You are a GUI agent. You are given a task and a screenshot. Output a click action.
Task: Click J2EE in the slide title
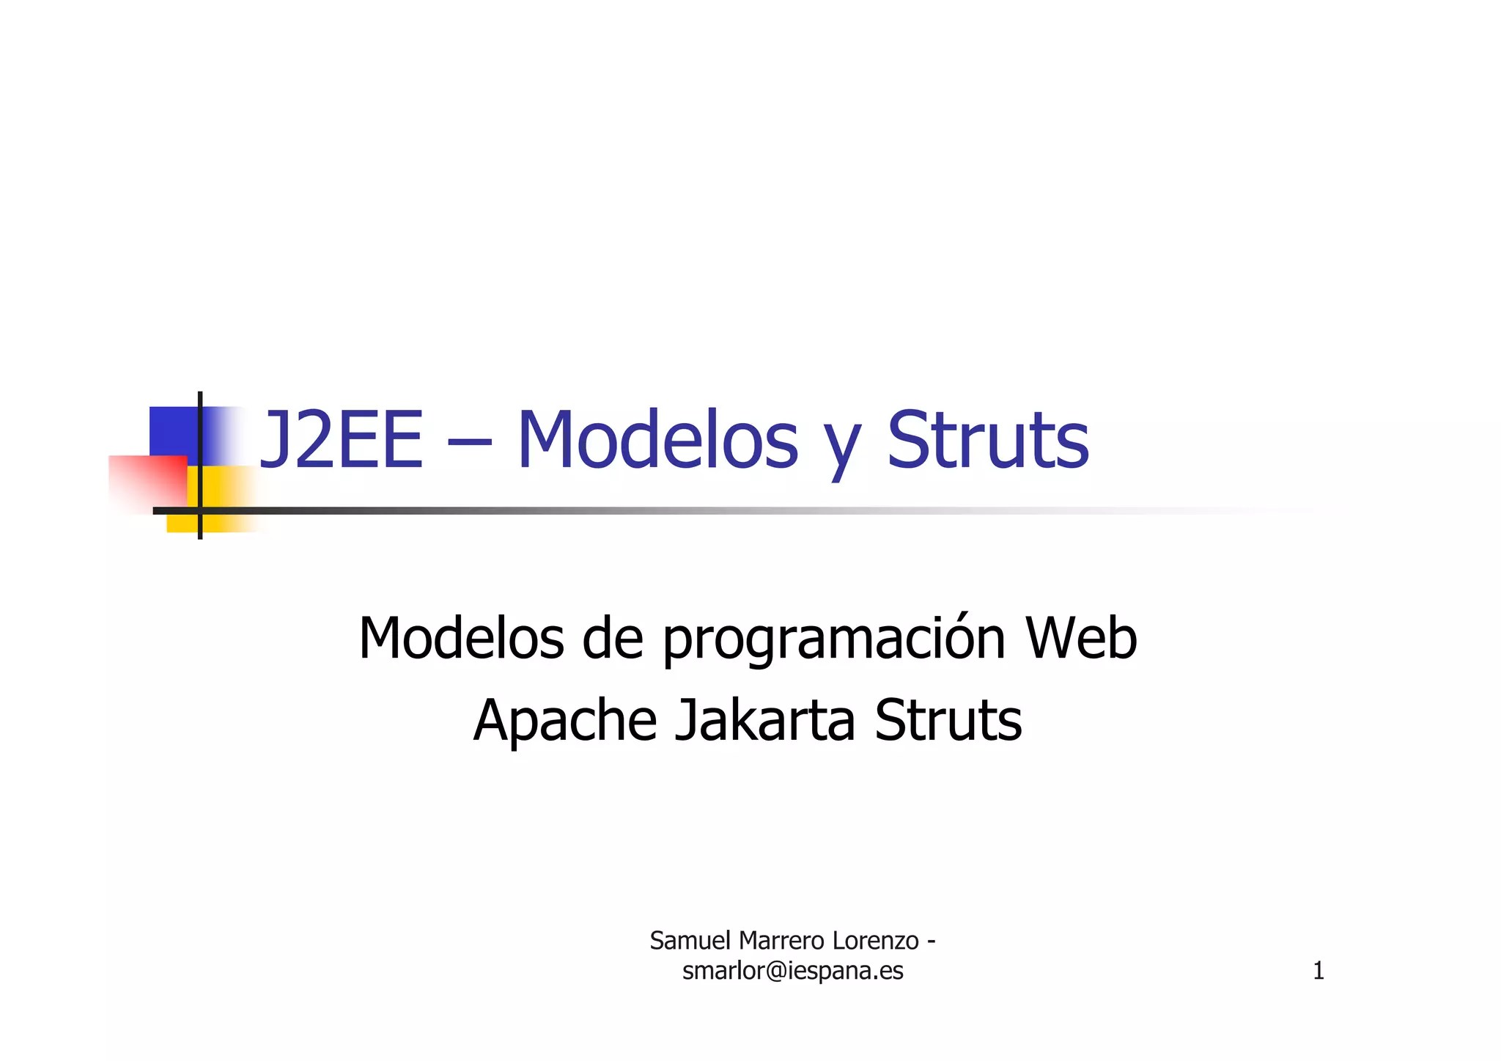[342, 441]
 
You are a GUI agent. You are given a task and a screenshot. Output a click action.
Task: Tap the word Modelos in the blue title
[657, 441]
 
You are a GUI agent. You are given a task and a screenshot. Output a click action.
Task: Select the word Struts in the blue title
[988, 441]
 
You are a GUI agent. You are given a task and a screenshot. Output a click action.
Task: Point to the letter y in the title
[842, 447]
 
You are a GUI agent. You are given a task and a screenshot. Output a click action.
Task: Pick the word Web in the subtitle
[1081, 638]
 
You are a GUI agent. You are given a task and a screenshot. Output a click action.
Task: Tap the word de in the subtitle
[613, 638]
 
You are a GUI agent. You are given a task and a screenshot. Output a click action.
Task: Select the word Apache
[564, 721]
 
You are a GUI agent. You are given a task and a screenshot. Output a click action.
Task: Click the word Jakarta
[764, 721]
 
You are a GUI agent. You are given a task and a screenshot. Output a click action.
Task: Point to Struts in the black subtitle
[948, 721]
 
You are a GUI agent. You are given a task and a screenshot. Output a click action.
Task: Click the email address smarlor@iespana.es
[792, 971]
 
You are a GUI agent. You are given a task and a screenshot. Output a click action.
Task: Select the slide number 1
[1318, 971]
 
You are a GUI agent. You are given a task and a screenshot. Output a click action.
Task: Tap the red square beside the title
[147, 481]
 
